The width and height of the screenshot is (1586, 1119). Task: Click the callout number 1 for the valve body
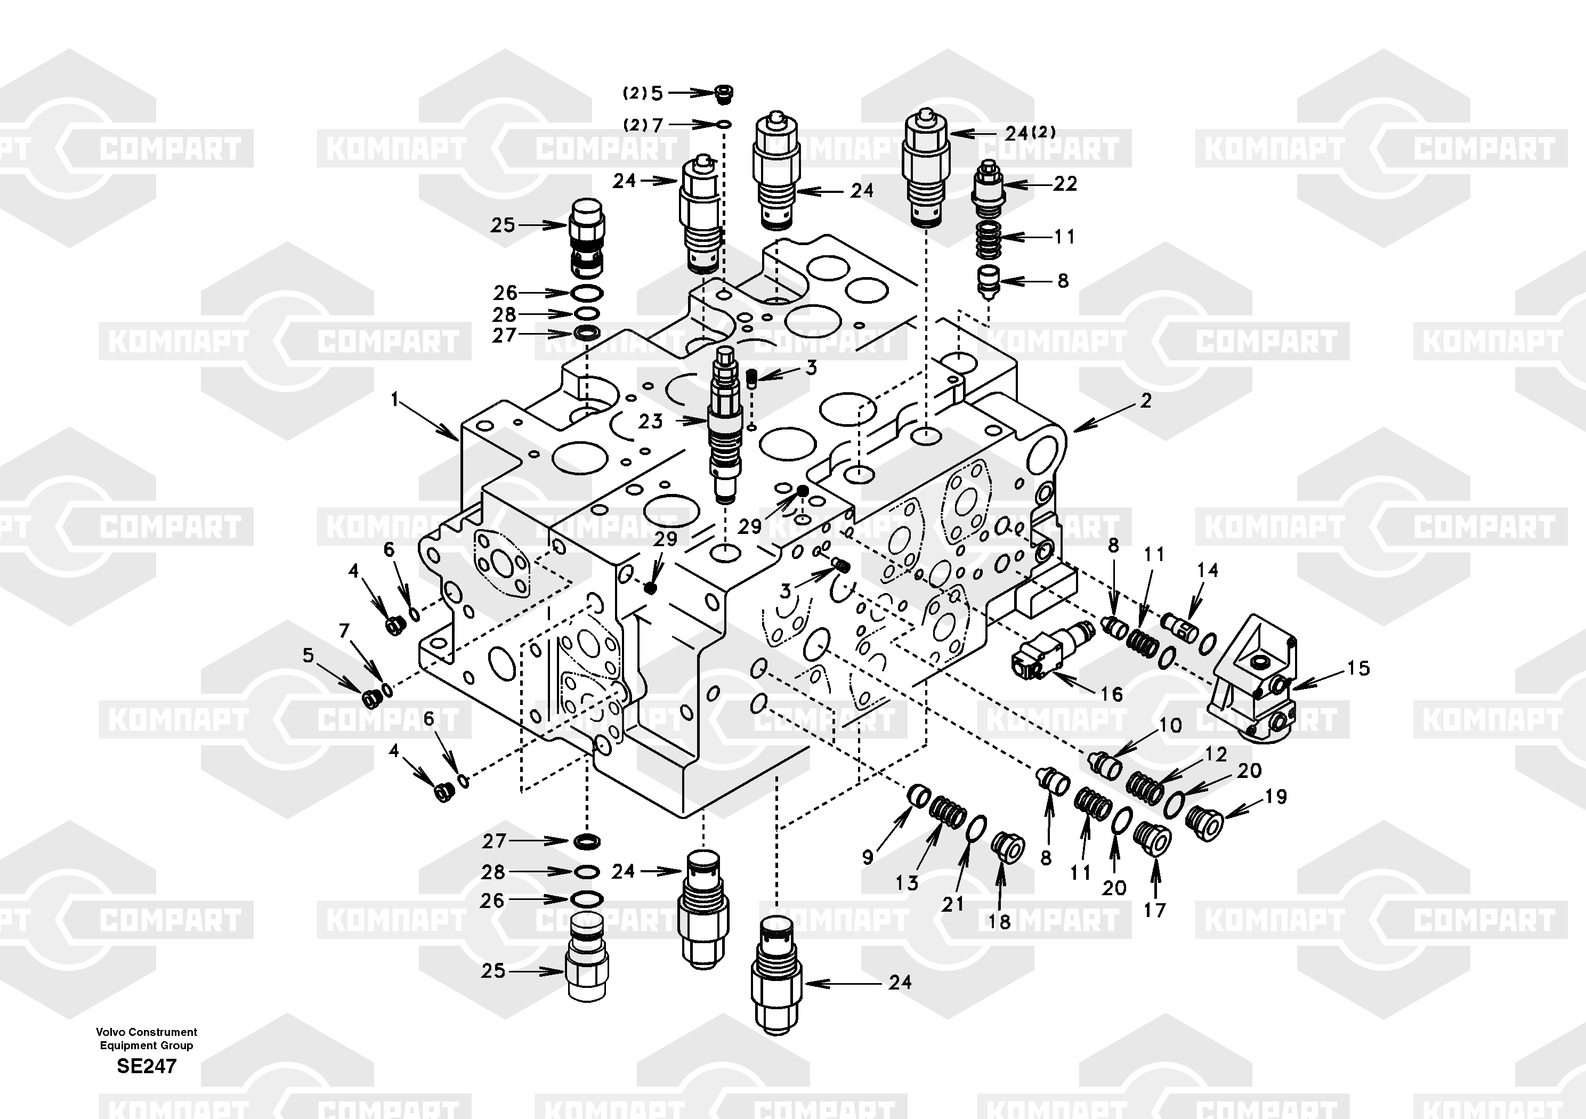[x=395, y=399]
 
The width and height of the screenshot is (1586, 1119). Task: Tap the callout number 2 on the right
[x=1146, y=400]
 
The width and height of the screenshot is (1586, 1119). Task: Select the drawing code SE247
[x=147, y=1066]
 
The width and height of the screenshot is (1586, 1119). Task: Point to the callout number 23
[x=650, y=420]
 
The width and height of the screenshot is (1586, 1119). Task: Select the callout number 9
[x=868, y=857]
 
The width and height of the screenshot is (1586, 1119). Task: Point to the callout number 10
[x=1170, y=725]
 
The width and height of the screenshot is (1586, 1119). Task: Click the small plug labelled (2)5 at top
[x=723, y=94]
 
